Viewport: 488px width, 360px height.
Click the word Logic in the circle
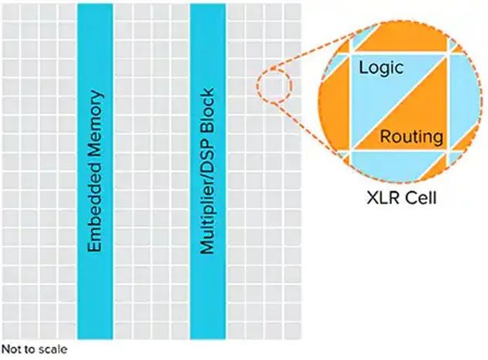(382, 68)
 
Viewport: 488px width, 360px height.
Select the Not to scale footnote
(34, 349)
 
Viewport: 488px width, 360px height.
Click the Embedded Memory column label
(96, 170)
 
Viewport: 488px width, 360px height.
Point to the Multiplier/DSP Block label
(207, 170)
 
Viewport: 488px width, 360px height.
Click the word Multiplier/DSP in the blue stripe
(207, 193)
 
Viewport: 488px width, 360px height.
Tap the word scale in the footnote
(52, 349)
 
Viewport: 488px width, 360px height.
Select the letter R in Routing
(385, 137)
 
